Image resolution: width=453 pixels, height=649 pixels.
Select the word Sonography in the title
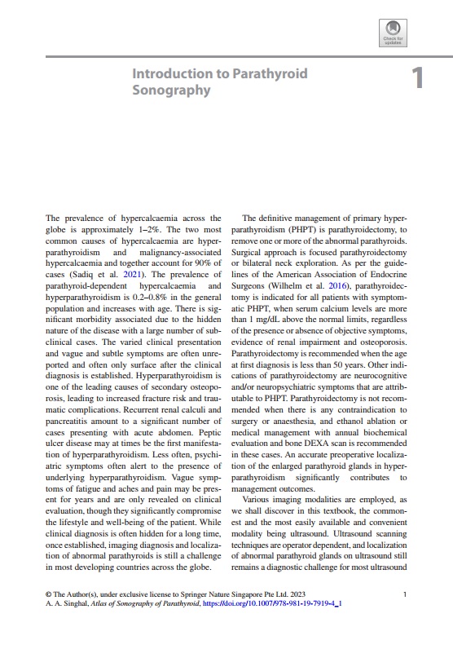(171, 90)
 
